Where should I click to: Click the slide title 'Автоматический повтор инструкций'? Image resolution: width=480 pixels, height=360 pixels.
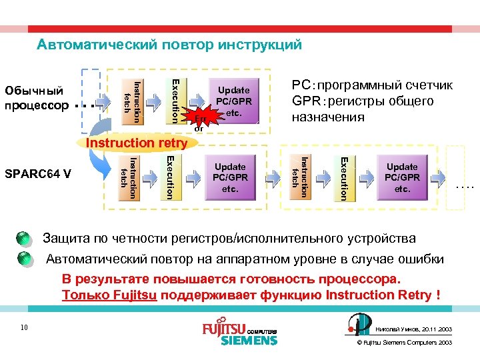[169, 45]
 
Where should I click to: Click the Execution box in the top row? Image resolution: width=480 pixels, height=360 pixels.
[171, 101]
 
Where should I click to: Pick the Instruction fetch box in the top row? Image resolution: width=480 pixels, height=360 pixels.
[132, 101]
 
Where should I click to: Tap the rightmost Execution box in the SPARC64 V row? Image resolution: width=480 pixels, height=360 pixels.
[341, 177]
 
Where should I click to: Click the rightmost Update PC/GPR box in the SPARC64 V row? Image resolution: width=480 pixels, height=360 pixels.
[402, 177]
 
